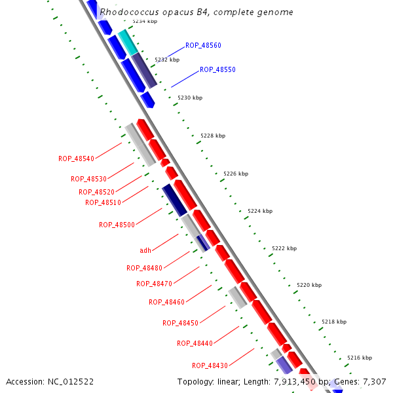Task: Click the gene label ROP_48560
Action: pos(203,45)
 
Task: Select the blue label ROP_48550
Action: pos(217,69)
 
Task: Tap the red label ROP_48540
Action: pos(76,159)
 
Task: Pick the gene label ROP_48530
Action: pos(88,179)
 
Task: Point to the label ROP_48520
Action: pos(96,192)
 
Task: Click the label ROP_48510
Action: pos(103,202)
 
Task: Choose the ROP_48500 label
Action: pos(117,225)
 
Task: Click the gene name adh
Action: pos(145,250)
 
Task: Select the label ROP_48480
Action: pos(144,268)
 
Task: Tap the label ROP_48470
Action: pos(154,284)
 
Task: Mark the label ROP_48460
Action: pos(166,302)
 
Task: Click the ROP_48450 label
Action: pos(180,323)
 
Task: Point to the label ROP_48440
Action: pos(195,343)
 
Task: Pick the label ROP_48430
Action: pos(210,365)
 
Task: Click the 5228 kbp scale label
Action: pos(213,136)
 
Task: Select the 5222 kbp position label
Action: pos(284,248)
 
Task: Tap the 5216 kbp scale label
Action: pos(360,358)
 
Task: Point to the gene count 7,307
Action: pos(373,381)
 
